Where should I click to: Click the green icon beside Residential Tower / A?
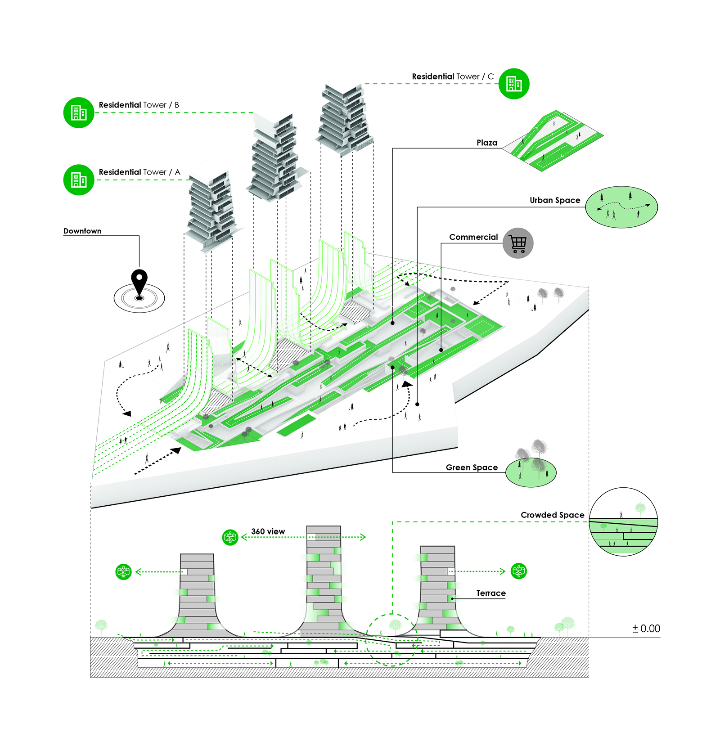pos(79,180)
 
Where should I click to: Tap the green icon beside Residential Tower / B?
pos(79,112)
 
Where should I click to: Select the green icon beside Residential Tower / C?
pos(514,84)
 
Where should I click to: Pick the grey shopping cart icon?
pos(518,243)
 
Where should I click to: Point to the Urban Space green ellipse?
pos(621,207)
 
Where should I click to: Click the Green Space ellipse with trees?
pos(531,472)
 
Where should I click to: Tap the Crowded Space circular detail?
pos(623,522)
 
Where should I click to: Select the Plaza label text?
pos(487,143)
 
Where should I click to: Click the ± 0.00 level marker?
pos(646,629)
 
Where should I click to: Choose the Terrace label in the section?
pos(491,593)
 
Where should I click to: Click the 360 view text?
pos(268,531)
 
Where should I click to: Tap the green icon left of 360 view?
pos(230,537)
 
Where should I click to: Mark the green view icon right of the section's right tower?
pos(519,571)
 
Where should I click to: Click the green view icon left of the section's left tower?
pos(123,572)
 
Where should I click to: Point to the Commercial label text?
pos(473,237)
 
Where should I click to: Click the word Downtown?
pos(82,231)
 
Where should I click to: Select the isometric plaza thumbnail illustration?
pos(553,140)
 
